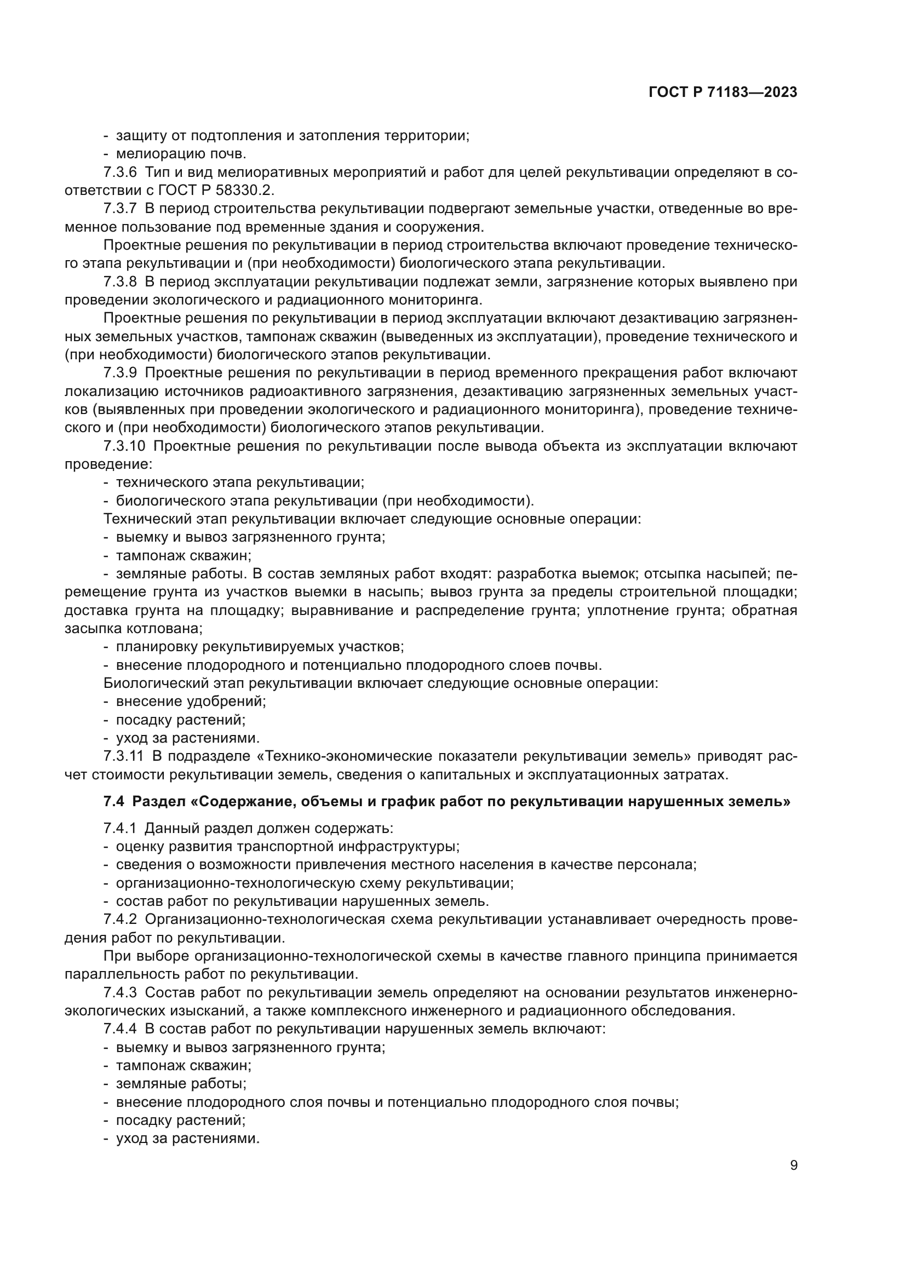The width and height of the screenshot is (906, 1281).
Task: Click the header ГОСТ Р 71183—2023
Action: point(722,93)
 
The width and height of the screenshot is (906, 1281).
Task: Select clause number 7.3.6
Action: point(120,173)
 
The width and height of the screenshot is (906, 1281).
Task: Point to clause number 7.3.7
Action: point(120,209)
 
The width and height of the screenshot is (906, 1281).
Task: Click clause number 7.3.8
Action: point(120,282)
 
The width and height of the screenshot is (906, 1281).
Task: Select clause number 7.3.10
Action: point(124,446)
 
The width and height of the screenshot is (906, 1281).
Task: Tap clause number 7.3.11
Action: point(124,756)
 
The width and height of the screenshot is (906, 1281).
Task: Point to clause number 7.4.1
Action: point(120,829)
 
